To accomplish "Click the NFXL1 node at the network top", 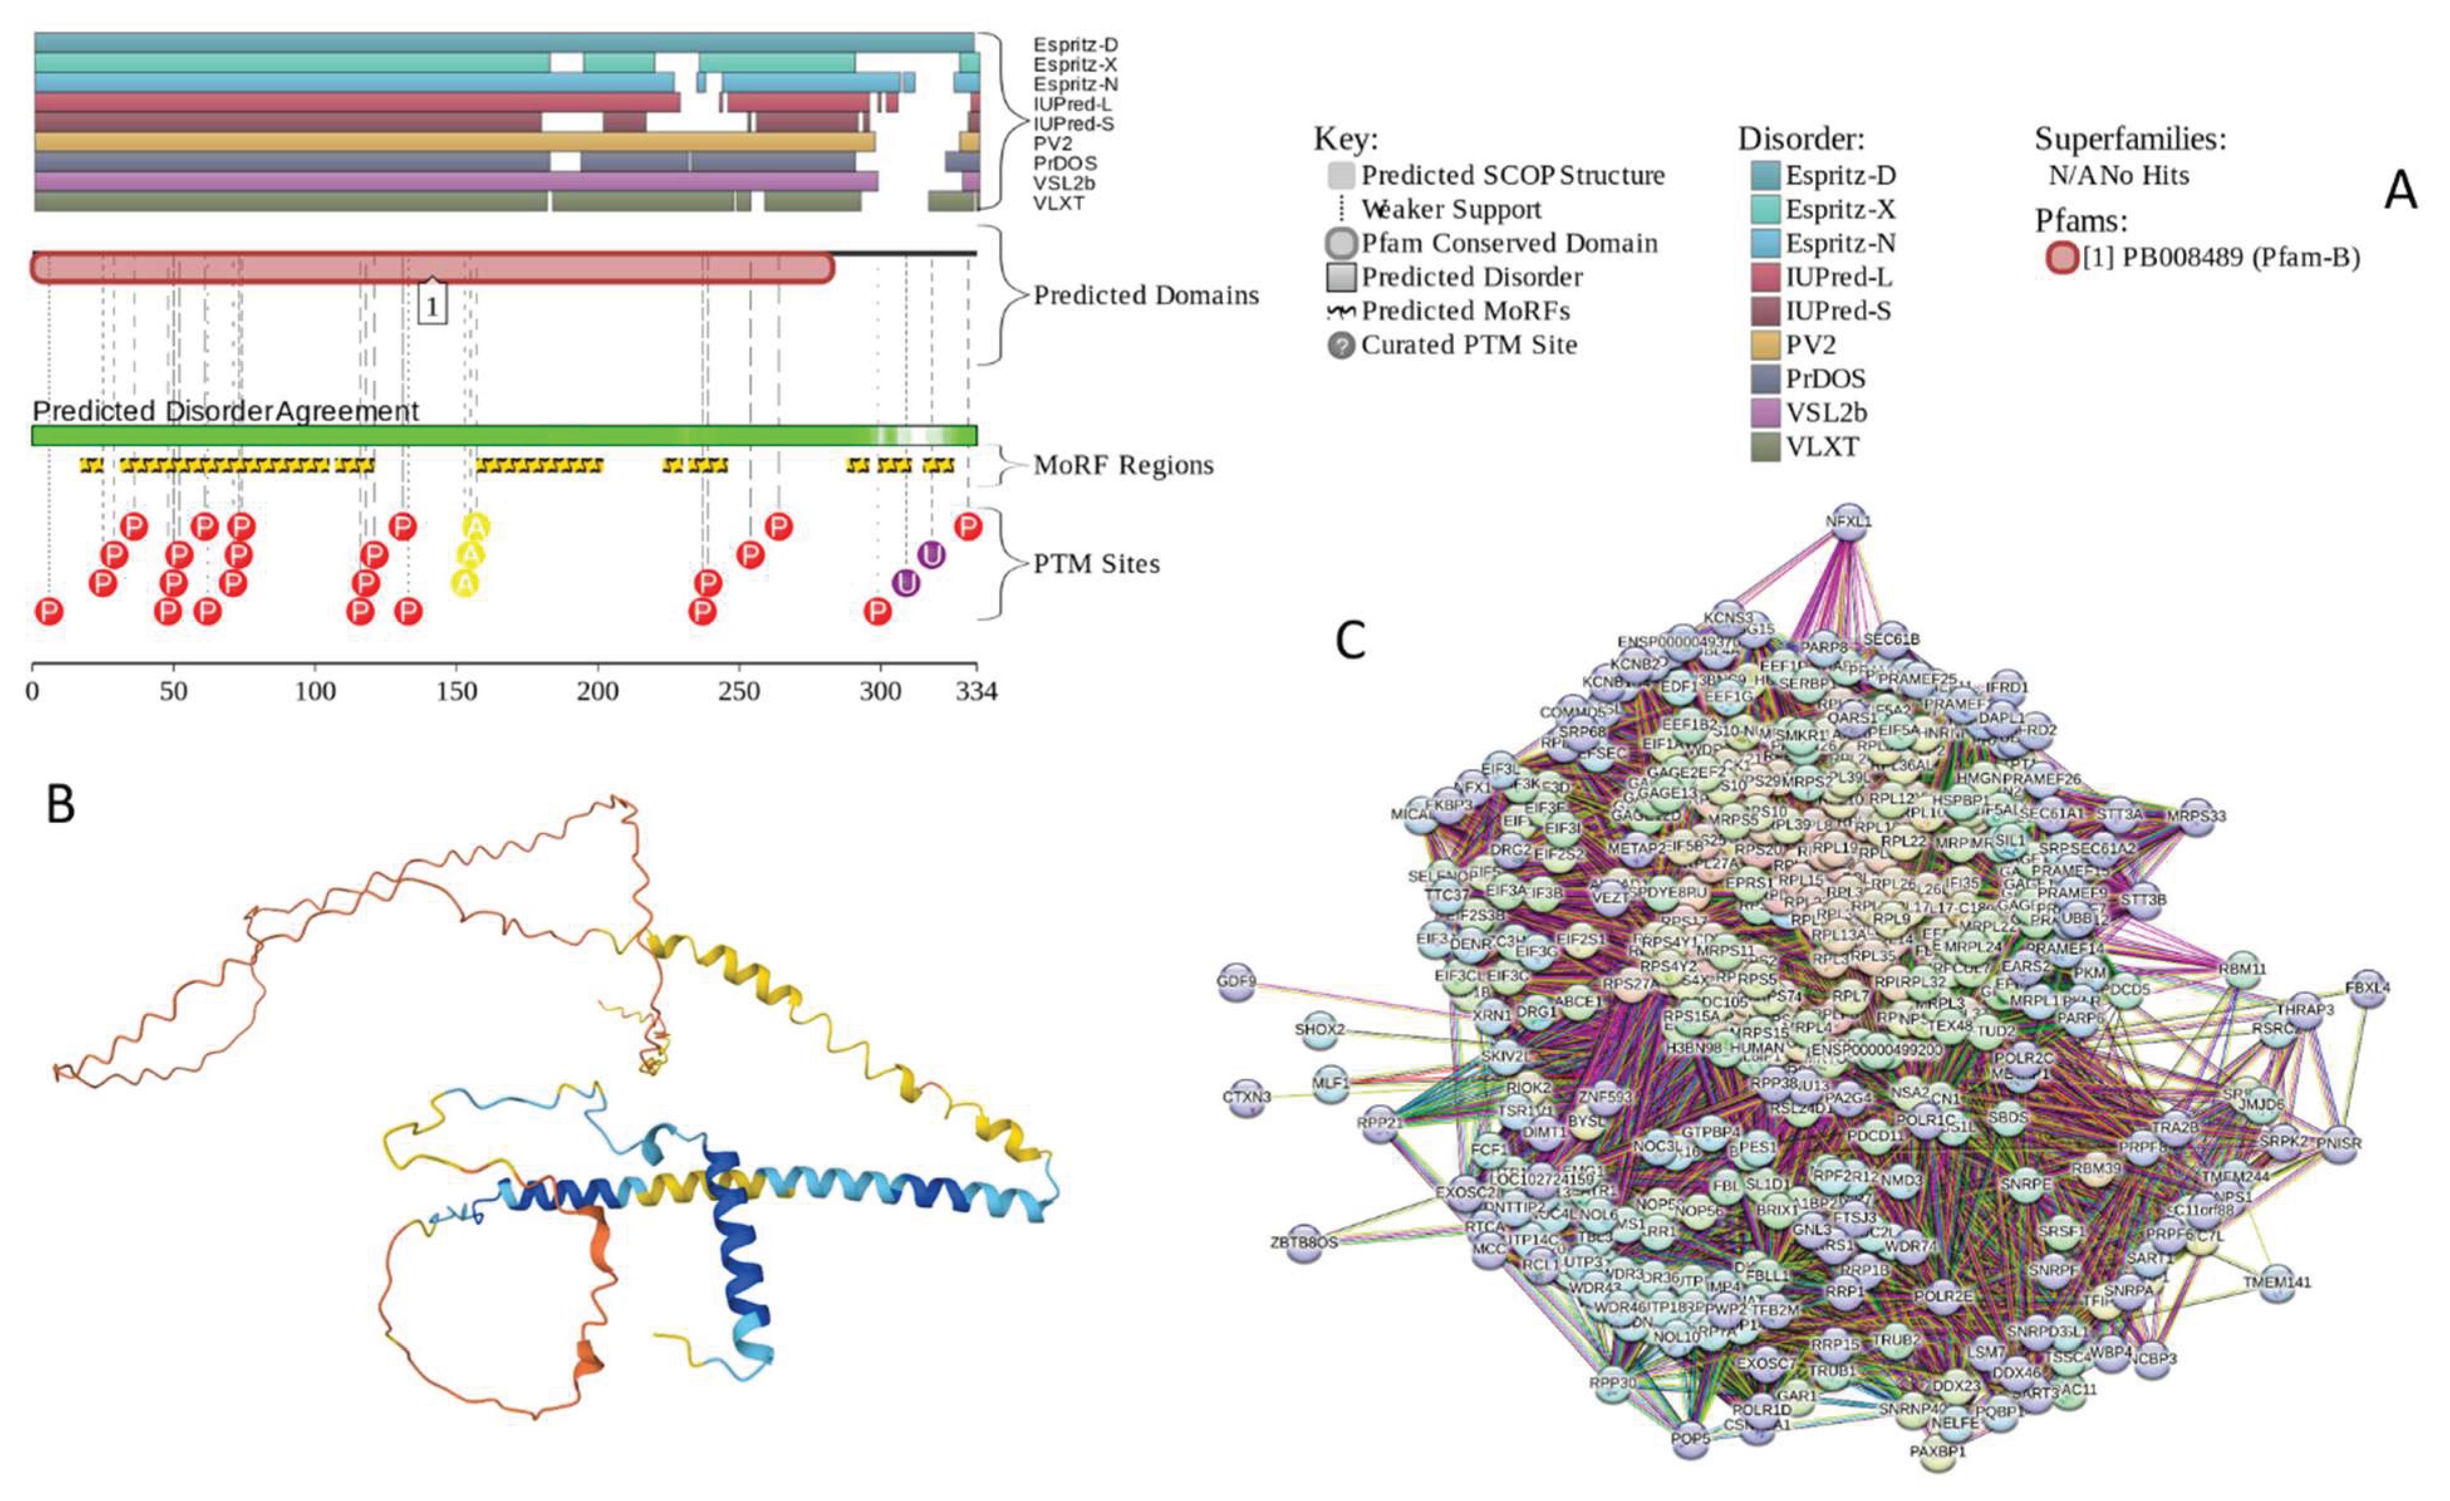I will tap(1847, 521).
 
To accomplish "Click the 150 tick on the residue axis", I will tap(456, 691).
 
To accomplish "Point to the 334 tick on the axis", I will tap(976, 691).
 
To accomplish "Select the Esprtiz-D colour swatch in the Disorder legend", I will tap(1765, 176).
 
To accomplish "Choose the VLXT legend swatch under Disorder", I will tap(1765, 446).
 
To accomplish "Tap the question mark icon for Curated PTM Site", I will tap(1341, 345).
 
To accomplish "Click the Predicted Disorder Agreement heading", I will tap(226, 411).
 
